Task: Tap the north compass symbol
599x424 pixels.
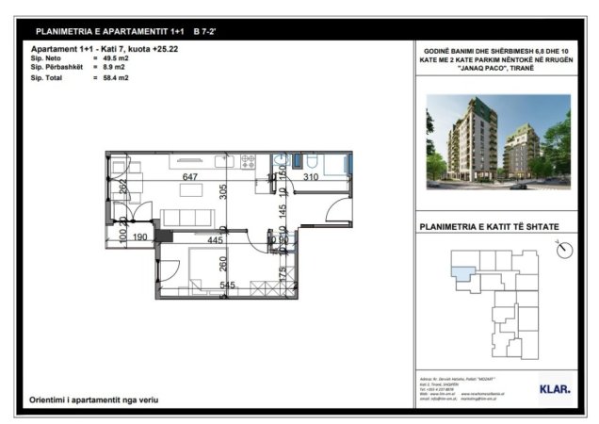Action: coord(564,249)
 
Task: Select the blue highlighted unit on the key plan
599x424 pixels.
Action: coord(462,272)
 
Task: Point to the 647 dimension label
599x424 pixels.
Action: coord(190,177)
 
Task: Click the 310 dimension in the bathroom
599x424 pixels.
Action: coord(310,177)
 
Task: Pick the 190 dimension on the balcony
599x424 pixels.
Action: coord(140,237)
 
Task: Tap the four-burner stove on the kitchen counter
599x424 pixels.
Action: coord(249,163)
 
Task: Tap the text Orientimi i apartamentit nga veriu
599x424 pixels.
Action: coord(94,400)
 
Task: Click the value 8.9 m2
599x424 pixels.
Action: coord(114,68)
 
